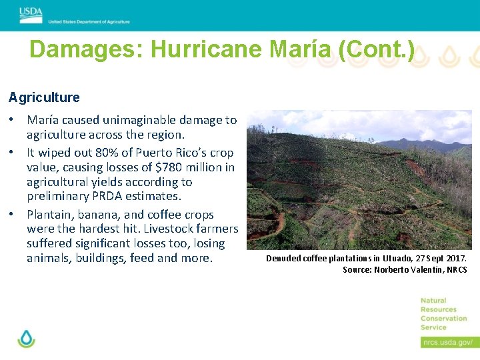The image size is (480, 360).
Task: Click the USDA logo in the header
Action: tap(31, 11)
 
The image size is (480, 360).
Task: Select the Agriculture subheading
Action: tap(44, 97)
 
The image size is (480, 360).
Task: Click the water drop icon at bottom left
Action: tap(26, 338)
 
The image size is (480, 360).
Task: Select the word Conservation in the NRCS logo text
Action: tap(443, 319)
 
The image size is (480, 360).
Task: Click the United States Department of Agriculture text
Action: tap(89, 21)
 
